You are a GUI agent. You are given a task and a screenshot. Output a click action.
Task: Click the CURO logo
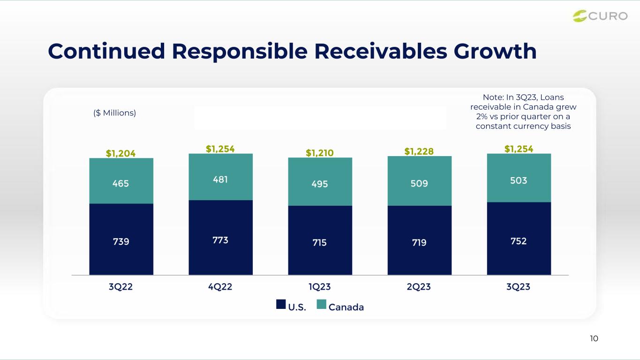[600, 16]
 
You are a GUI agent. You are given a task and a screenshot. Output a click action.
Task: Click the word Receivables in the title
[381, 52]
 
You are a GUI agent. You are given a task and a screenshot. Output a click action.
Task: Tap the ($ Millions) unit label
[114, 113]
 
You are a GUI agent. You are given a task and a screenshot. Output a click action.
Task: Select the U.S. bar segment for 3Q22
[121, 239]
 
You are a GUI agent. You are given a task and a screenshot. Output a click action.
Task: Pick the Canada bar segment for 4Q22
[220, 177]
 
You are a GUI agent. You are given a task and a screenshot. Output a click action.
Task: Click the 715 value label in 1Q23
[319, 242]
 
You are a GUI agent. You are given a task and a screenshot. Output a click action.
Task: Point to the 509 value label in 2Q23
[419, 183]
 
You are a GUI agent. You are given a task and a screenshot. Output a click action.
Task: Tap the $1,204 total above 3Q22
[120, 153]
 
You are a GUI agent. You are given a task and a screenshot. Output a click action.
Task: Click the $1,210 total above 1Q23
[320, 153]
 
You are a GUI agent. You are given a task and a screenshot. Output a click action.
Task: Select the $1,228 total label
[419, 151]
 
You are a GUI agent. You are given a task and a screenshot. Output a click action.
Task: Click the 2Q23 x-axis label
[419, 286]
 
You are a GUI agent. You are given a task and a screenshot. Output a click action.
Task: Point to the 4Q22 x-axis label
[220, 286]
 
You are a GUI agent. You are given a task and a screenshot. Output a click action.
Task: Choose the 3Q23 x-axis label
[518, 286]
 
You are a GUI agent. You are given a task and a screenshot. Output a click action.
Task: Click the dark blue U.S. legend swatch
[281, 304]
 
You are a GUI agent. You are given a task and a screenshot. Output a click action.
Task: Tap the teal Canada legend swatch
[322, 304]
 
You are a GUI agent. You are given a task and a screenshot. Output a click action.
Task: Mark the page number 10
[594, 338]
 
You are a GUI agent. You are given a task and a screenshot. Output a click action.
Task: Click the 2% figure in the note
[482, 117]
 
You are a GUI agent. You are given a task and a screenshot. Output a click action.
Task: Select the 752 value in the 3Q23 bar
[519, 241]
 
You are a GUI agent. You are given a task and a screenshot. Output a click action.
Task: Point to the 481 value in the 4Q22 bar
[220, 180]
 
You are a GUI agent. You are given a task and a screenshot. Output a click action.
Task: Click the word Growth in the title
[495, 52]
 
